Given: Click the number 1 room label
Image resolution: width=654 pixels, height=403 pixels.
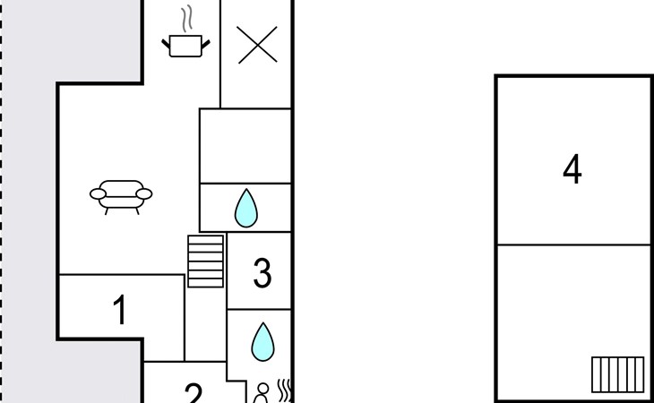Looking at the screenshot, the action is click(120, 310).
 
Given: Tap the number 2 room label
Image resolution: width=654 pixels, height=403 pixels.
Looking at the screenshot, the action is click(194, 393).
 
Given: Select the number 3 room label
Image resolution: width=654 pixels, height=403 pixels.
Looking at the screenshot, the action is click(262, 273).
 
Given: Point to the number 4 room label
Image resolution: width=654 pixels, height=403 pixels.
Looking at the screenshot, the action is click(572, 168).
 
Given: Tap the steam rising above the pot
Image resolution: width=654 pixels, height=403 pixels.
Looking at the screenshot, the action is click(188, 18).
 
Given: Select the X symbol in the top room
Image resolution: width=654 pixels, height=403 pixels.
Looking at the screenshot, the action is click(257, 45).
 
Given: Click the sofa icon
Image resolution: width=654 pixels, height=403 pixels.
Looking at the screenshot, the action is click(121, 197).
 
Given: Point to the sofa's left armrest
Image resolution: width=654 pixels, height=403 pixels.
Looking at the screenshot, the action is click(98, 193).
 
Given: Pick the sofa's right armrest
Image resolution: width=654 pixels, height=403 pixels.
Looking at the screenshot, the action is click(144, 193).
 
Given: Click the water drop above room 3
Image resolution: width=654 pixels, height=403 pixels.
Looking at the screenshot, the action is click(246, 208).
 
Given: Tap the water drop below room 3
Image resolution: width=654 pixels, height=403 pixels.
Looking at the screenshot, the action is click(262, 342).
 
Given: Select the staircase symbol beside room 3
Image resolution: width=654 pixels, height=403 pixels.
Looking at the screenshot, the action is click(206, 262).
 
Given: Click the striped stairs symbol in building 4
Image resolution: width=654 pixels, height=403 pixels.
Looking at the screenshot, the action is click(617, 374).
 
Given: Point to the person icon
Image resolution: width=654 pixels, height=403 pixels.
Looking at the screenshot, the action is click(262, 393).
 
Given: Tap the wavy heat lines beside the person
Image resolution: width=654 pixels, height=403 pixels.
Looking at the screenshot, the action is click(284, 391).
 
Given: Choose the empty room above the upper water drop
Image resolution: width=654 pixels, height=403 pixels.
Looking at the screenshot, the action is click(245, 146).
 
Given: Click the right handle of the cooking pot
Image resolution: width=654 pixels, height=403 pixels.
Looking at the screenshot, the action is click(206, 43).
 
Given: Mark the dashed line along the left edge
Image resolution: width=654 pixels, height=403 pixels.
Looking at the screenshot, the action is click(1, 201).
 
